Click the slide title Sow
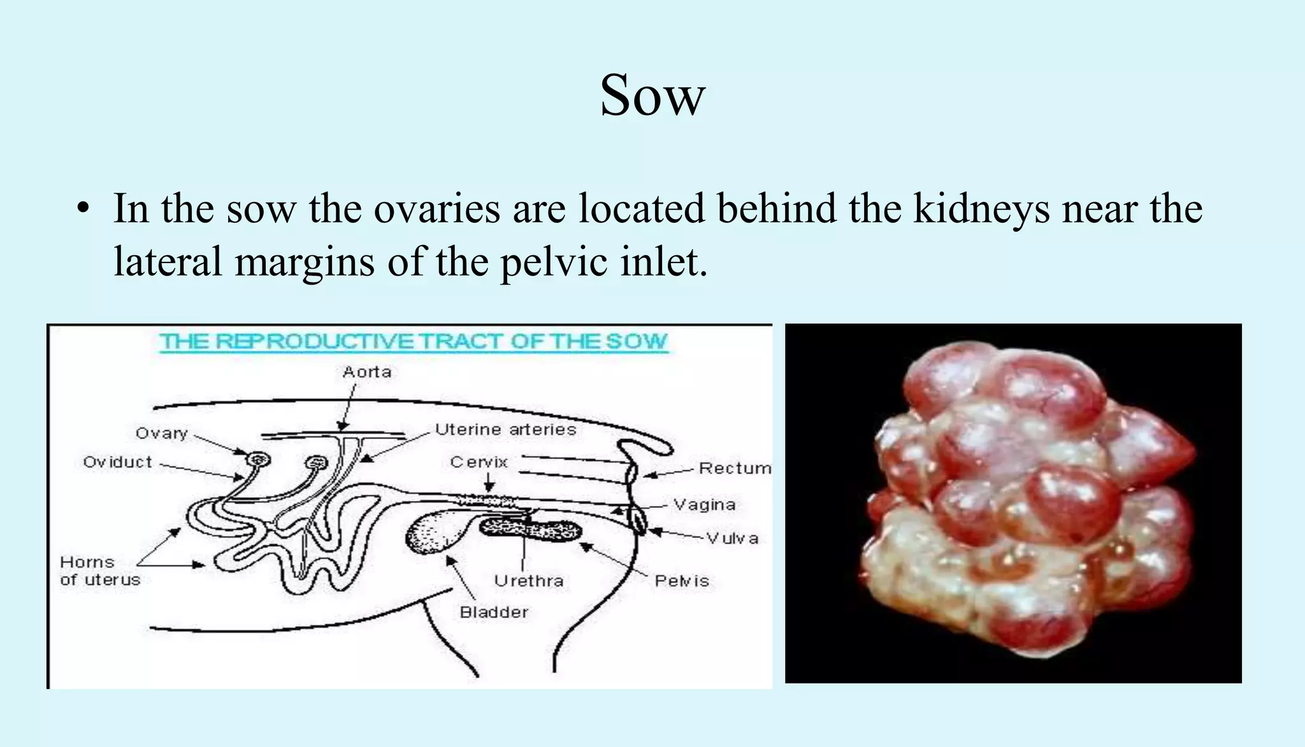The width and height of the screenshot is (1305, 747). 652,96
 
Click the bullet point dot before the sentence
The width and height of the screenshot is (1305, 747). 82,210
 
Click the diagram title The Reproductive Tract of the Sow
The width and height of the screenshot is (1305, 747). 413,341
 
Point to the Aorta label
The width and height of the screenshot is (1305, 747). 367,372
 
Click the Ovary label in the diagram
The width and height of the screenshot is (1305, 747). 161,434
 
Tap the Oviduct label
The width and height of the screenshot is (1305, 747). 117,462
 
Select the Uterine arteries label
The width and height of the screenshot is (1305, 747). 505,430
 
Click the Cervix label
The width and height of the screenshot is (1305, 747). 479,462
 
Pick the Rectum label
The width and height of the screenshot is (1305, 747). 734,469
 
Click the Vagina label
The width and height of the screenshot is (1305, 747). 704,505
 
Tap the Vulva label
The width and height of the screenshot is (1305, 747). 732,539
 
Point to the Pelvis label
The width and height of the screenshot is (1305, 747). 681,581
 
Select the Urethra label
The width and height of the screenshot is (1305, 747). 528,581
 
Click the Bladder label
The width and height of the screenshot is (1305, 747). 494,612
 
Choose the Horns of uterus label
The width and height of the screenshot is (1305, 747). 99,571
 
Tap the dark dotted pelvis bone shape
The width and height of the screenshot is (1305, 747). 530,530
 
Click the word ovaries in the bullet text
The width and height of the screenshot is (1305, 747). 436,209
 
